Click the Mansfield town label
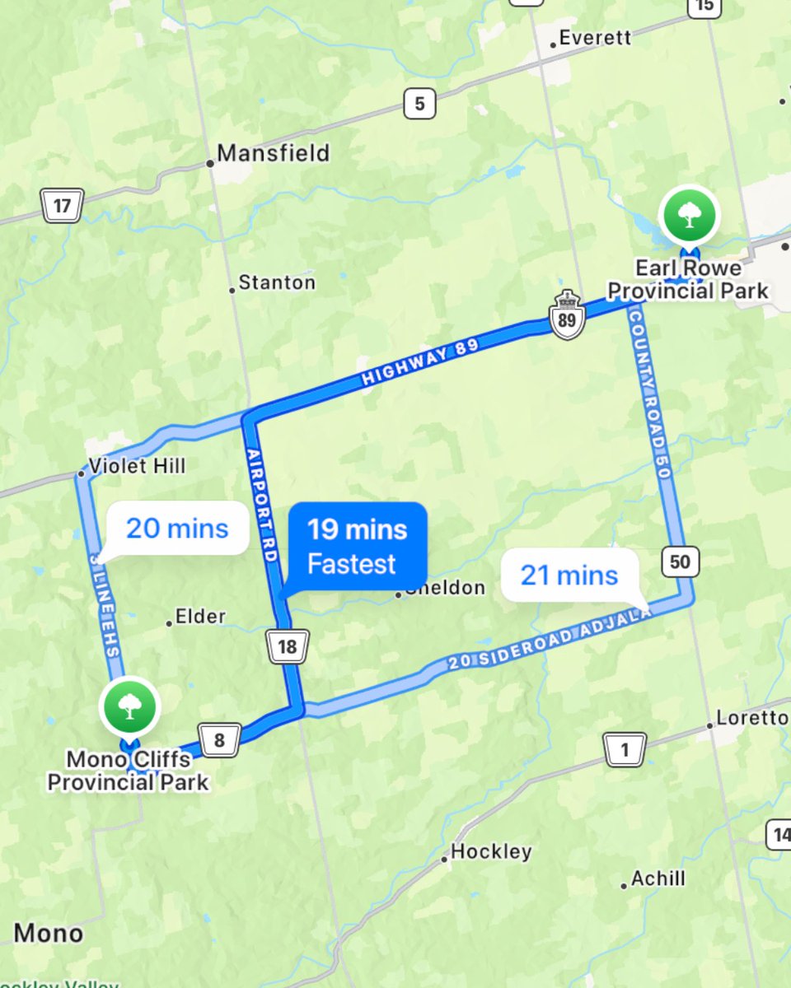(x=272, y=153)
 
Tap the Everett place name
(x=594, y=38)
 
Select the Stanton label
(x=277, y=283)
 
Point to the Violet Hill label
(x=138, y=466)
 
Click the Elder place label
(x=200, y=617)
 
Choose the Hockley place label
(x=491, y=851)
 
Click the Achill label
(x=658, y=879)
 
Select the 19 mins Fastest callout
(x=357, y=546)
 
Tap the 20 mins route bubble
(x=177, y=528)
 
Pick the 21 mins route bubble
(x=569, y=575)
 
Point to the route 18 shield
(x=287, y=646)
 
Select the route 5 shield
(x=419, y=104)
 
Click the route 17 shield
(x=62, y=205)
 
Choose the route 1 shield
(x=624, y=750)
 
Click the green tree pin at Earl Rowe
(x=689, y=216)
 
